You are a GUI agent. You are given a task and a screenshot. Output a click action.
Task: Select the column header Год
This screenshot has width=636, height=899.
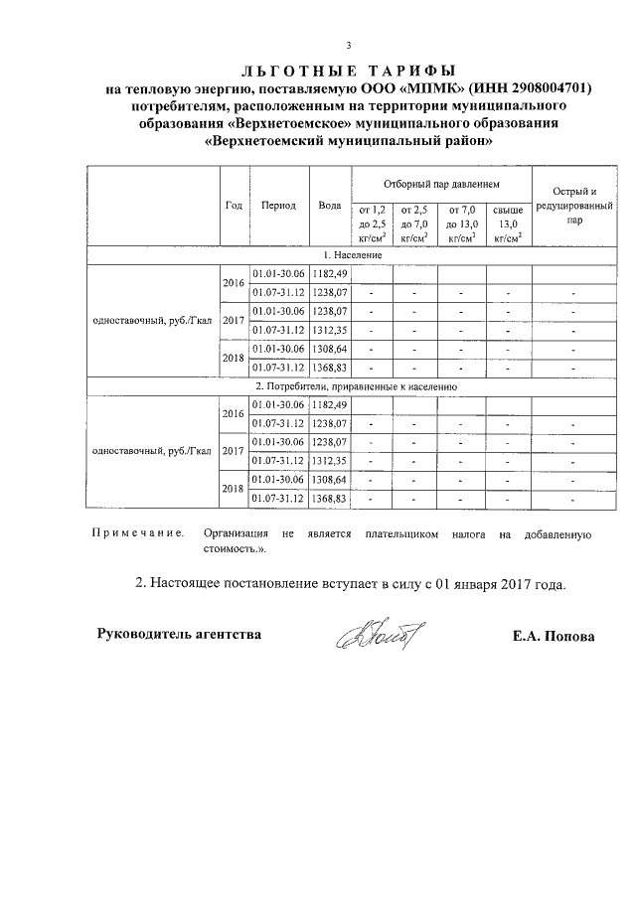(x=234, y=205)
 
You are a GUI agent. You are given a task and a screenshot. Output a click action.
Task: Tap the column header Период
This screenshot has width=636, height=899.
(x=278, y=205)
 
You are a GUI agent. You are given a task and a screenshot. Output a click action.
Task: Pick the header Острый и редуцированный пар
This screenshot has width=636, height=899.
(x=574, y=207)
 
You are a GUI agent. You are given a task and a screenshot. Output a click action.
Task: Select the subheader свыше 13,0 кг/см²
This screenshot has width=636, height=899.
(x=508, y=225)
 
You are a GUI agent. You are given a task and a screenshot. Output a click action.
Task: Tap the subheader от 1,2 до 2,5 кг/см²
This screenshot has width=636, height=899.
(x=371, y=225)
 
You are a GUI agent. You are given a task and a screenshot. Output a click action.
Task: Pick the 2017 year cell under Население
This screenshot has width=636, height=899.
(x=234, y=321)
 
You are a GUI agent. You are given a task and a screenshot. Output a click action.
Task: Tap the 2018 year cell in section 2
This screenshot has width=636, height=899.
(x=234, y=488)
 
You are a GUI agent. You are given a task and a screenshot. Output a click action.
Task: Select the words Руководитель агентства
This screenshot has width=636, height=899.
(x=179, y=634)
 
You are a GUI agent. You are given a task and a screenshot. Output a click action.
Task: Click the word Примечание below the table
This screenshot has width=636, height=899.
(x=137, y=533)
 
